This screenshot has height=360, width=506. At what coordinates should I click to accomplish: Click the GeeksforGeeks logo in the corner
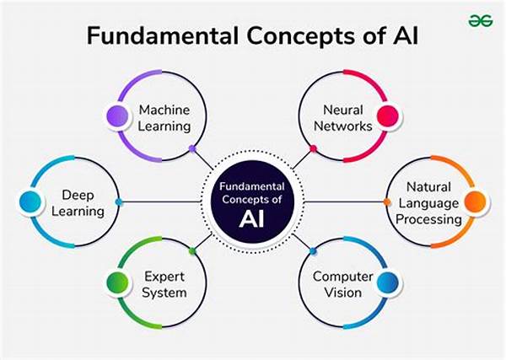pyautogui.click(x=481, y=21)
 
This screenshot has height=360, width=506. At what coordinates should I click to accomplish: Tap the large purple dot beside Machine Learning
pyautogui.click(x=117, y=116)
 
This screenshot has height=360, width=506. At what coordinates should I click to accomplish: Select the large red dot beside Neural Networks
pyautogui.click(x=387, y=116)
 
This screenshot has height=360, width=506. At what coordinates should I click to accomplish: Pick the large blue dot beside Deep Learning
pyautogui.click(x=30, y=202)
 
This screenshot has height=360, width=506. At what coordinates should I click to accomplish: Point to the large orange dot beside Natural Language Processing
pyautogui.click(x=475, y=202)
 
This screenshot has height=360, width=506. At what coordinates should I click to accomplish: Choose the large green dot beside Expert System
pyautogui.click(x=117, y=283)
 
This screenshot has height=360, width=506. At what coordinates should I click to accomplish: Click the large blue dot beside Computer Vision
pyautogui.click(x=387, y=283)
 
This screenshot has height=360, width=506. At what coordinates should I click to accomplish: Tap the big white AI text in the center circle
pyautogui.click(x=251, y=219)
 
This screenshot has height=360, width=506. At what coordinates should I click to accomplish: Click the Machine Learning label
pyautogui.click(x=164, y=118)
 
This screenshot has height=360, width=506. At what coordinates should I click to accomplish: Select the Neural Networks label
pyautogui.click(x=343, y=118)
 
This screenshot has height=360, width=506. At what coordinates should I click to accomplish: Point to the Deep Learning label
pyautogui.click(x=78, y=203)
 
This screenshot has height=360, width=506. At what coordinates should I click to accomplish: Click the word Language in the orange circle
pyautogui.click(x=428, y=203)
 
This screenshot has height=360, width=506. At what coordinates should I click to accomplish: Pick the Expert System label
pyautogui.click(x=164, y=284)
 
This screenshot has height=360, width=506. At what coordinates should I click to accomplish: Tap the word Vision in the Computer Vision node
pyautogui.click(x=342, y=293)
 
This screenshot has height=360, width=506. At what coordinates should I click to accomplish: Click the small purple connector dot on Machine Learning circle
pyautogui.click(x=192, y=148)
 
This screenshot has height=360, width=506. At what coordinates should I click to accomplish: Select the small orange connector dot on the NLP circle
pyautogui.click(x=386, y=202)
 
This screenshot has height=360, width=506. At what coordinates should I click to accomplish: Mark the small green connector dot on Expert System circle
pyautogui.click(x=192, y=250)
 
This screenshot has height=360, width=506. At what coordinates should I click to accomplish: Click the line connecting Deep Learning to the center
pyautogui.click(x=160, y=202)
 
